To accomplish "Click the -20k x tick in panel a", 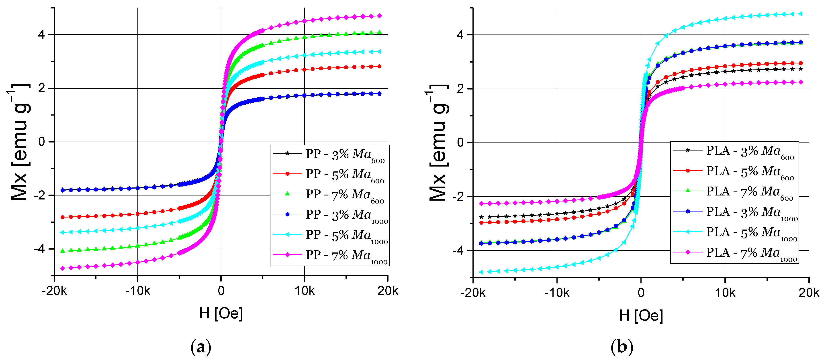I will tap(54, 291).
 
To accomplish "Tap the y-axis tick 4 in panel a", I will tap(41, 35).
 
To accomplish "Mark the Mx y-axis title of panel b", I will tap(439, 143).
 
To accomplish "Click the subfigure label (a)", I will tap(201, 347).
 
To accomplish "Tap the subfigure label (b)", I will tap(622, 347).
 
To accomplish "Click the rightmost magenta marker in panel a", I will tap(380, 16).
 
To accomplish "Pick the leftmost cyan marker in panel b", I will tap(481, 272).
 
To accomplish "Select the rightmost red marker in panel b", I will tap(801, 63).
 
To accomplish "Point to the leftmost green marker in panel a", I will tap(63, 251).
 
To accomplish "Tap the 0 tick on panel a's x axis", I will tap(221, 291).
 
